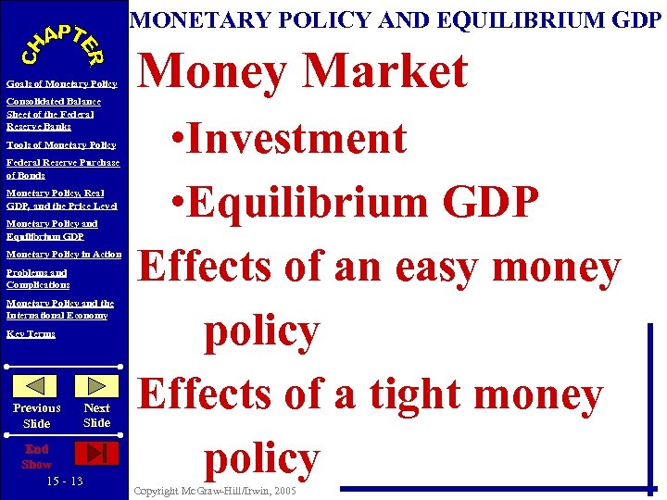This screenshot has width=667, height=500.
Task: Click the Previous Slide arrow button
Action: tap(38, 386)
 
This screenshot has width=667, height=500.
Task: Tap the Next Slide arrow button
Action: tap(96, 386)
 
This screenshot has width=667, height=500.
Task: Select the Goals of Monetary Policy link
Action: tap(61, 84)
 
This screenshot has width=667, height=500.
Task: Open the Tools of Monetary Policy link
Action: tap(60, 144)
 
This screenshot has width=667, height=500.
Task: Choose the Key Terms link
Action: tap(31, 333)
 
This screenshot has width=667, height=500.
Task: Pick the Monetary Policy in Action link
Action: tap(63, 254)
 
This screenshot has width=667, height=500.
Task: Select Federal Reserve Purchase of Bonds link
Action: tap(62, 169)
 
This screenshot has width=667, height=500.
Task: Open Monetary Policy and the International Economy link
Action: tap(59, 309)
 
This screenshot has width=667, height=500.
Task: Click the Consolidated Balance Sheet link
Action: tap(53, 113)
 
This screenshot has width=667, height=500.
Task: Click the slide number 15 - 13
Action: tap(64, 481)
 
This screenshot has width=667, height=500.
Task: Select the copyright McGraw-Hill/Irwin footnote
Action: tap(214, 491)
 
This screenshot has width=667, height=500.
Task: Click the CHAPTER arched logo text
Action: tap(63, 42)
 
